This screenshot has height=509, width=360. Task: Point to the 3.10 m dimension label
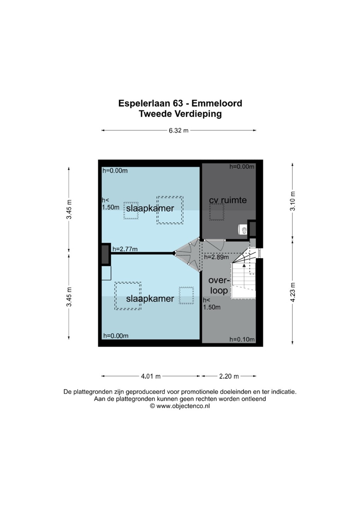tap(293, 201)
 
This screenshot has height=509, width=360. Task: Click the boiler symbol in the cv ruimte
tap(243, 230)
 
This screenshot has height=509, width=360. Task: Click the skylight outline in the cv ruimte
tap(216, 212)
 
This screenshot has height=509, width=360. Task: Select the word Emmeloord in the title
tap(217, 104)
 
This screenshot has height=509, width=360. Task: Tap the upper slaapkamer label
tap(150, 208)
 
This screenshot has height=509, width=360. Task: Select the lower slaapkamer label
tap(150, 299)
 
